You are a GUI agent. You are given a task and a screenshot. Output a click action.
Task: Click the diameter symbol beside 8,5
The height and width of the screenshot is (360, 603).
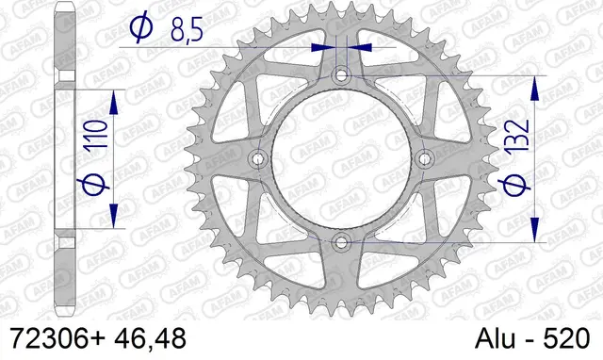tap(138, 30)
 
